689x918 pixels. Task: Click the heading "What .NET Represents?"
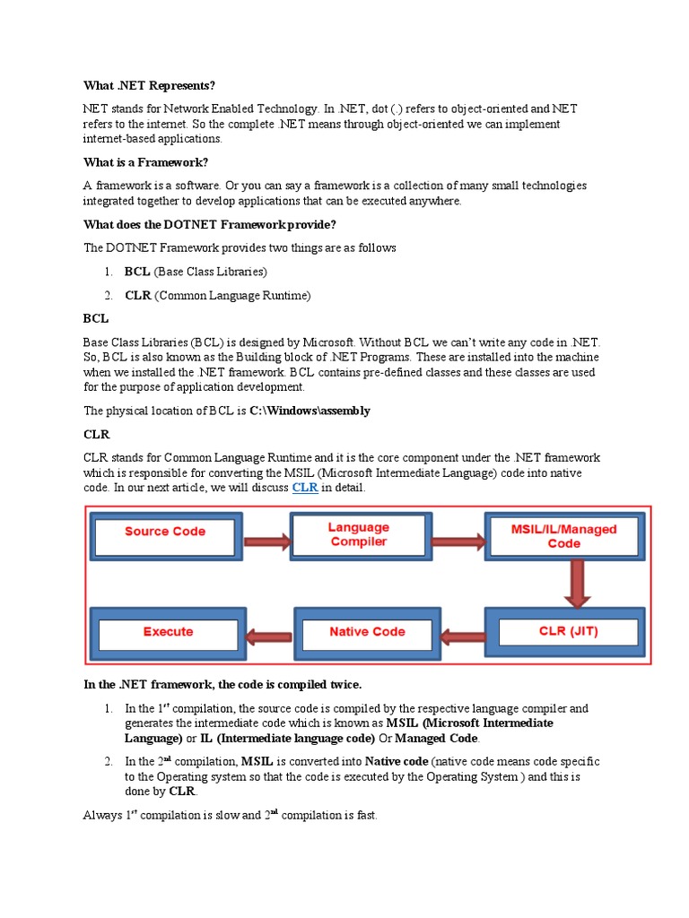[x=149, y=85]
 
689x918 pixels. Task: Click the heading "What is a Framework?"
[x=145, y=162]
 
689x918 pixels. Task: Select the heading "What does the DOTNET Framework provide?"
[x=210, y=224]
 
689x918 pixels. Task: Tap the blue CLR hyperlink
[x=305, y=488]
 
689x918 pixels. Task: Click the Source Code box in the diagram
[x=165, y=533]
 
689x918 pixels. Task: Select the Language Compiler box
[x=358, y=535]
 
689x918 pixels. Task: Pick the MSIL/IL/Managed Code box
[x=563, y=536]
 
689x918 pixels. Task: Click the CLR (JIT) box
[x=563, y=631]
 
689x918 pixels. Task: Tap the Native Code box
[x=368, y=632]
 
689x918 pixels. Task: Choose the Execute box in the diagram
[x=168, y=632]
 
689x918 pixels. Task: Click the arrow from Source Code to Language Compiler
[x=266, y=541]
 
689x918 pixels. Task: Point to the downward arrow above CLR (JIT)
[x=564, y=583]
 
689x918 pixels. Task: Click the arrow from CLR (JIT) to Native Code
[x=464, y=637]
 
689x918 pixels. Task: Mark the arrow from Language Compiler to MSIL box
[x=458, y=541]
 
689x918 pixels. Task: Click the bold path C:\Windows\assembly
[x=310, y=411]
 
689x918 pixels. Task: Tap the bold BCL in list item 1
[x=137, y=271]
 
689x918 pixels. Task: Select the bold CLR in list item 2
[x=138, y=294]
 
